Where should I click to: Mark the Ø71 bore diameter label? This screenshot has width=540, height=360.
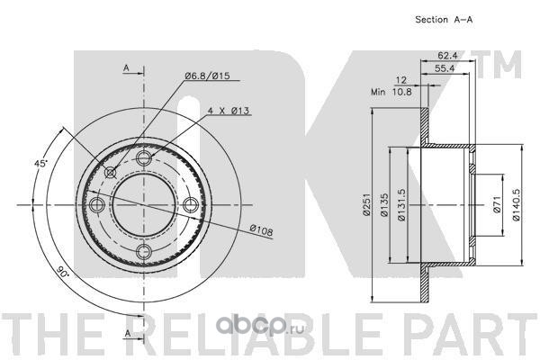click(496, 211)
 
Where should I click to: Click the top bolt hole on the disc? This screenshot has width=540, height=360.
click(145, 160)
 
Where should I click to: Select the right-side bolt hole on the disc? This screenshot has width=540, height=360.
click(190, 205)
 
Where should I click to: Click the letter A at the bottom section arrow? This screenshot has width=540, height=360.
click(126, 334)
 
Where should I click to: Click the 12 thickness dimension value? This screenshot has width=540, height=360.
click(401, 79)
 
